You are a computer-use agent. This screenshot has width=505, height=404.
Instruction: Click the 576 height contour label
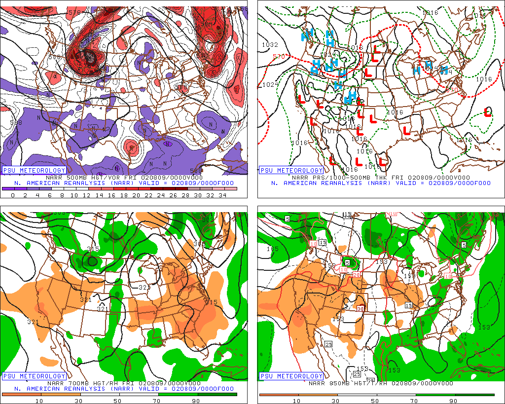75,12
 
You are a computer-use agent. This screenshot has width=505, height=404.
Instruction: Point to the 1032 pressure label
270,45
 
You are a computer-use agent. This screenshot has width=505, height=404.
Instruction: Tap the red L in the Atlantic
488,112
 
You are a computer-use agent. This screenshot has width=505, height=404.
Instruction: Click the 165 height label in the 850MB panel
272,249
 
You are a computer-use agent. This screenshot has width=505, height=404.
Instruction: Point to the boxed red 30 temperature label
361,308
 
